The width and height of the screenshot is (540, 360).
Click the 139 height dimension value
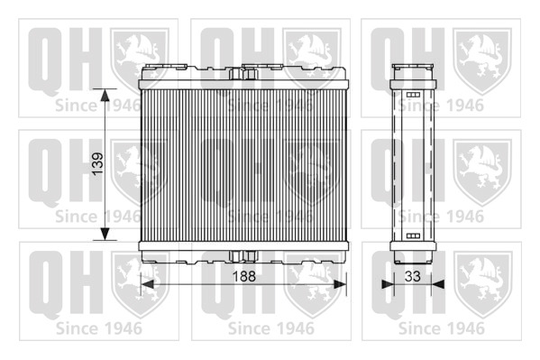97,164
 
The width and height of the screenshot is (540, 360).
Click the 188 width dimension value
244,276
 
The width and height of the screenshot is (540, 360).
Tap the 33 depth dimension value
413,276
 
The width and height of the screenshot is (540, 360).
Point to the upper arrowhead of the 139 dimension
105,95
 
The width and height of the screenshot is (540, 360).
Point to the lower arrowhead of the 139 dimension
105,234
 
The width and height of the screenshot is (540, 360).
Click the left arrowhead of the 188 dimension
148,284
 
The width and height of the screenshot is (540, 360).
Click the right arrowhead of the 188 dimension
340,284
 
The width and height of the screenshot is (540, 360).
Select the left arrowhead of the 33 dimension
388,284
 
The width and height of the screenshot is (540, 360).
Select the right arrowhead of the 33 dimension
438,284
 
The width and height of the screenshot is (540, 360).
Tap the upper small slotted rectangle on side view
413,95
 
